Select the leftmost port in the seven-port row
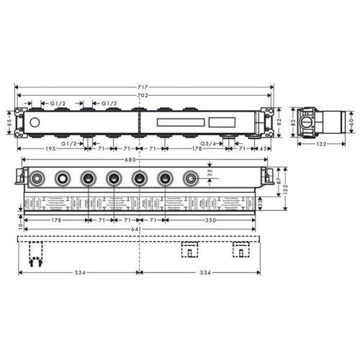[x=36, y=178]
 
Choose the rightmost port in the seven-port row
[x=191, y=178]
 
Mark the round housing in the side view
[x=307, y=123]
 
